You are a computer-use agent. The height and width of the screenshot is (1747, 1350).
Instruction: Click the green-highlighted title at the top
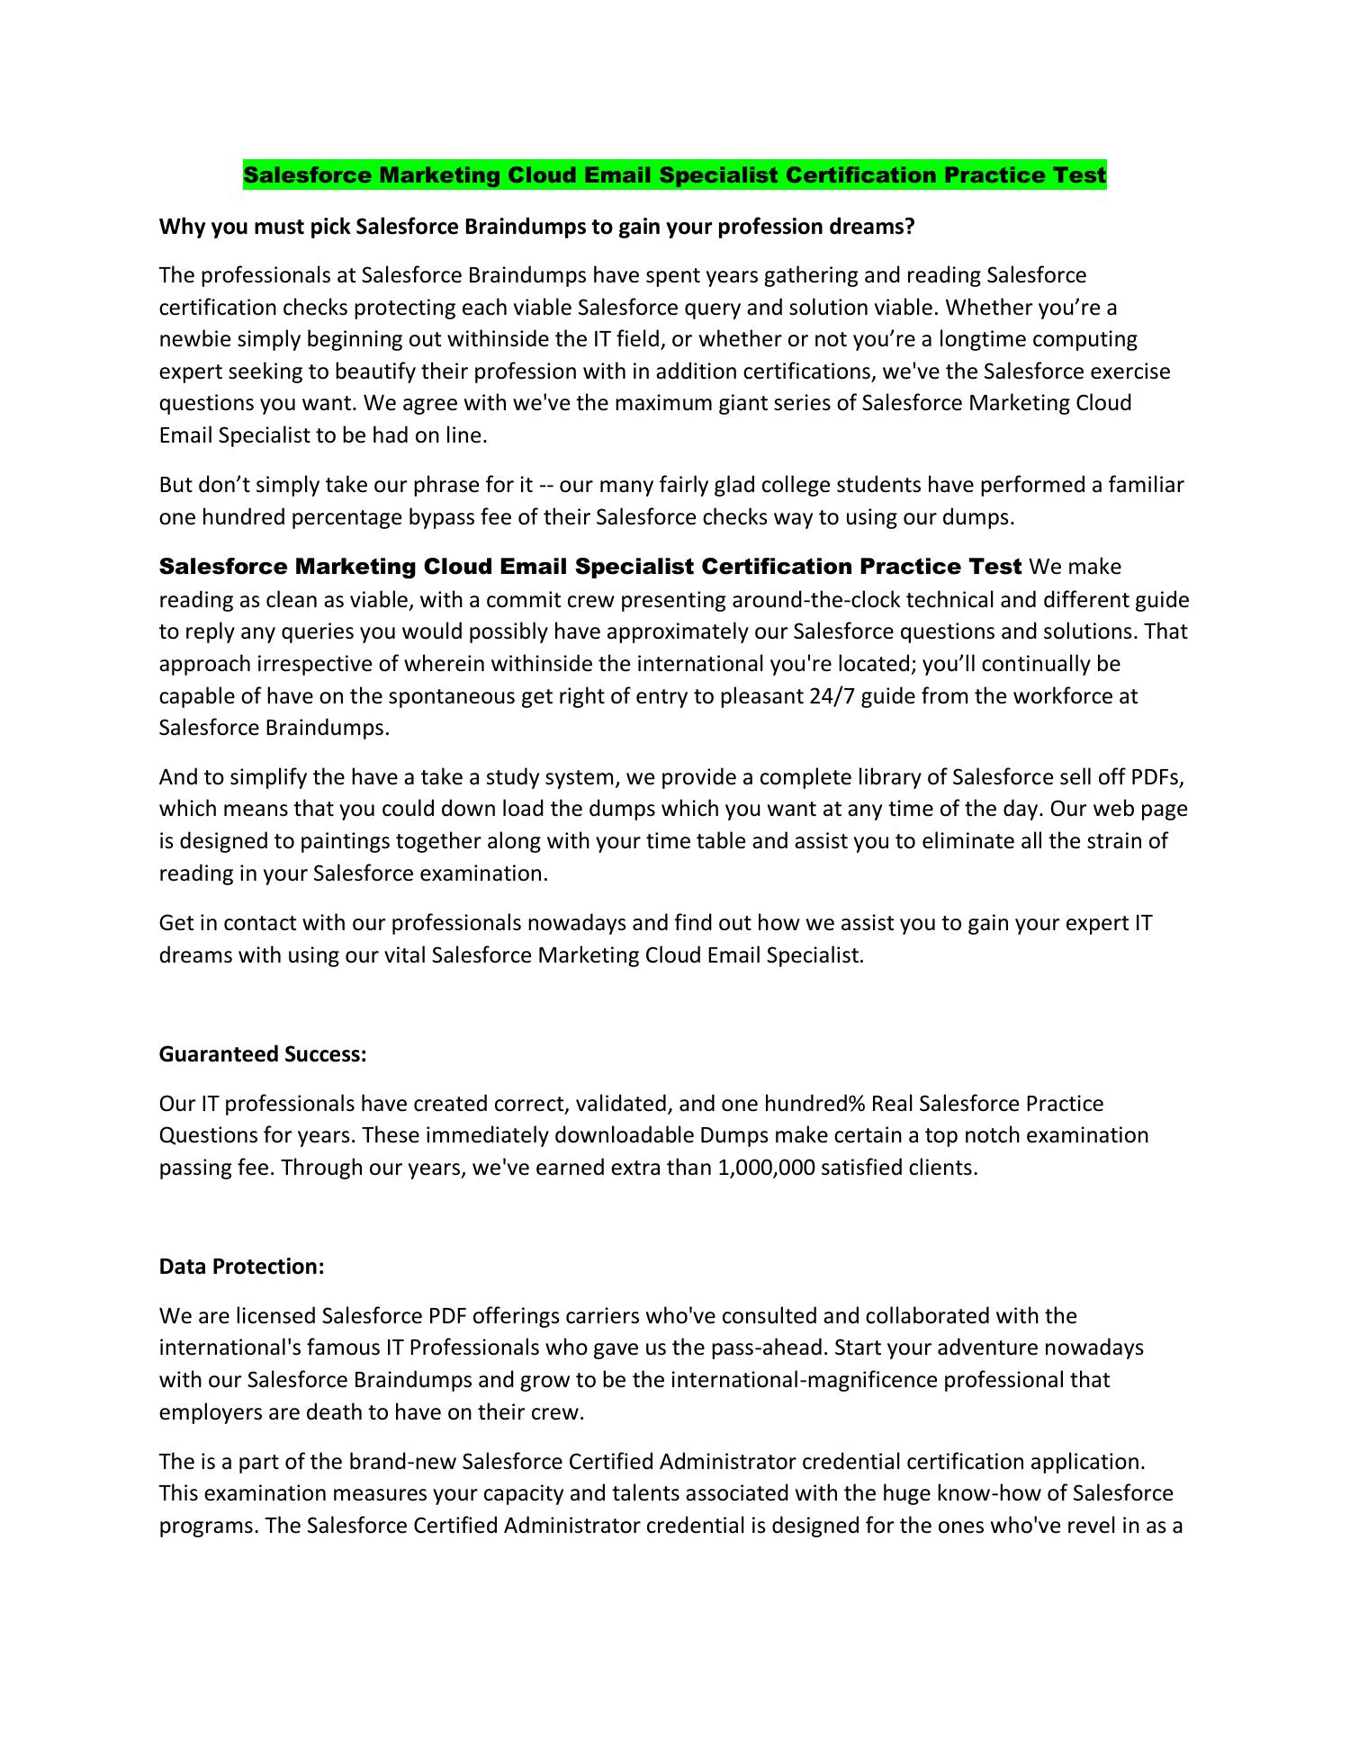674,175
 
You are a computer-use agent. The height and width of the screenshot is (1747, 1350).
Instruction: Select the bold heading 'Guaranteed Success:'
263,1053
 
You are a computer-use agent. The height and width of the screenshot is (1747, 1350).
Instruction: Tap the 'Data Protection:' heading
241,1266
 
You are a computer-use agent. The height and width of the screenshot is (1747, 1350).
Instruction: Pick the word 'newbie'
189,339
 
